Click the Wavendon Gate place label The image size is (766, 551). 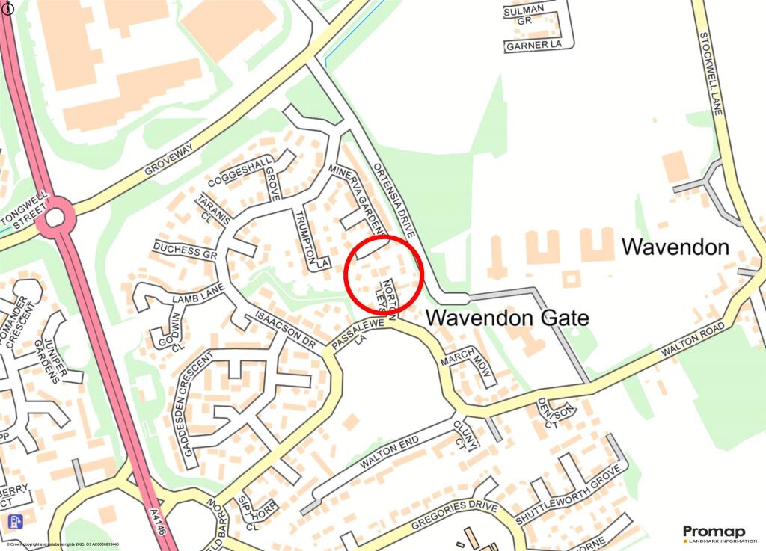pyautogui.click(x=507, y=318)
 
